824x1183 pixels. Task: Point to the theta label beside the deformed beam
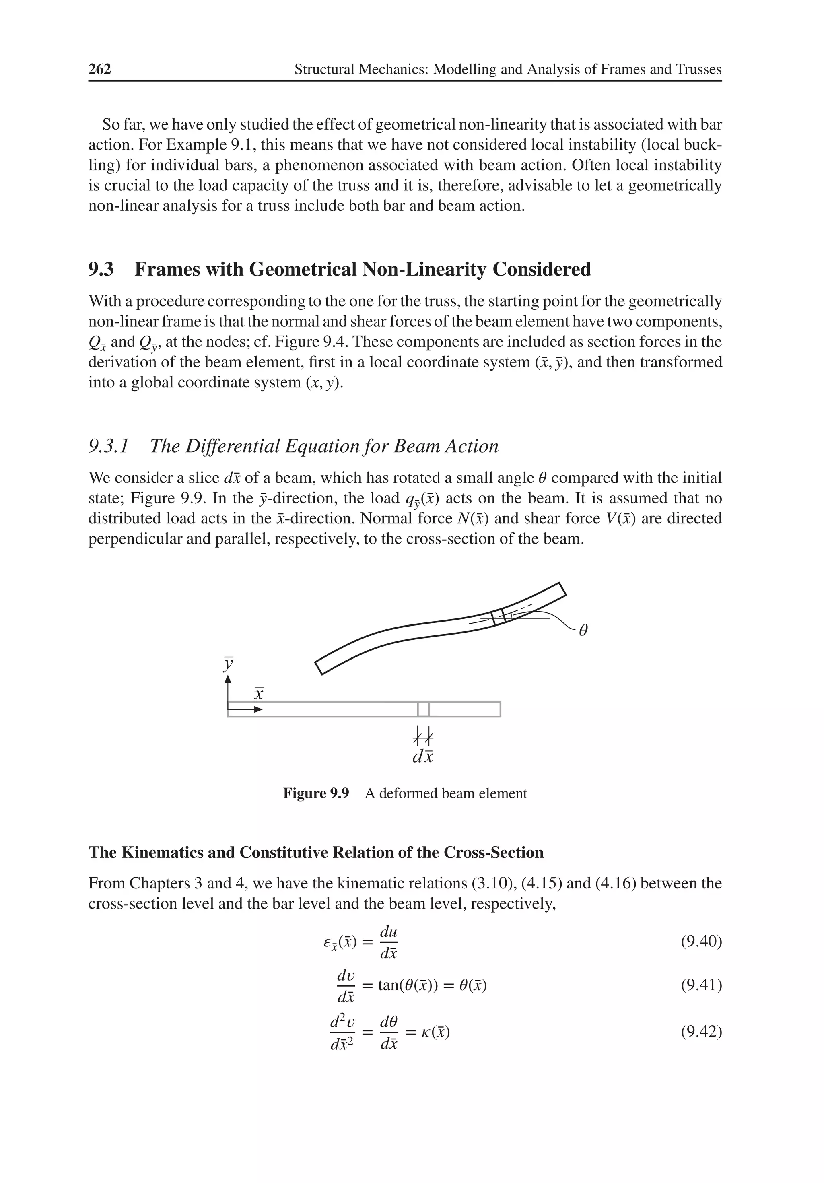583,631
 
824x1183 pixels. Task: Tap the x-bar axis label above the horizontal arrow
259,695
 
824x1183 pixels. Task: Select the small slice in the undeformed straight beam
423,709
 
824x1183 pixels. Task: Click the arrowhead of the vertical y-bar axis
228,680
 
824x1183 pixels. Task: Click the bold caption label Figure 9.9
316,793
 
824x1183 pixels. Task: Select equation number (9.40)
701,942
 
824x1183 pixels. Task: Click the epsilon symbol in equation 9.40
326,942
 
